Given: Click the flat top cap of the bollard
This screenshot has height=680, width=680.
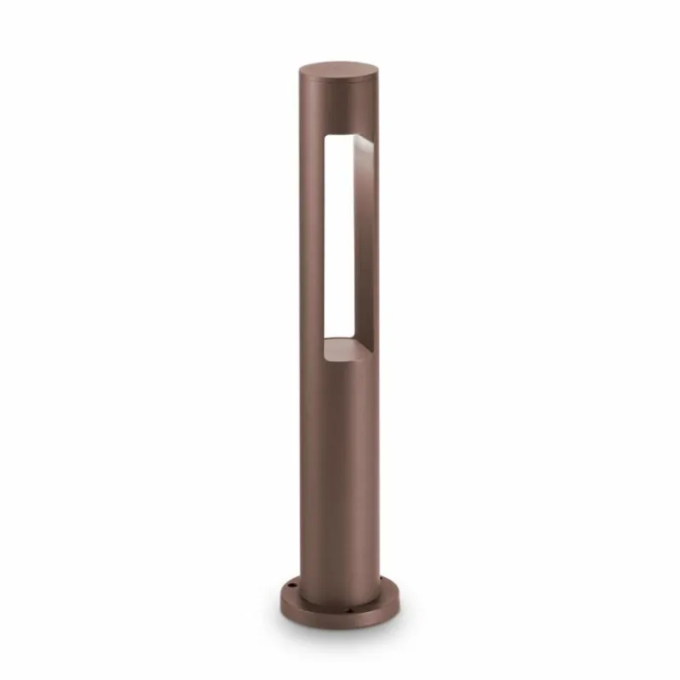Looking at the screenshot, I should coord(339,69).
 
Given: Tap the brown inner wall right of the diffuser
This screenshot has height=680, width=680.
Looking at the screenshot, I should coord(364,246).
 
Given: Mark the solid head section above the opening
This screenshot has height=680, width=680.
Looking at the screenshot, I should coord(338,106).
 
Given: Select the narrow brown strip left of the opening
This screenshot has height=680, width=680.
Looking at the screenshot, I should coord(311,246).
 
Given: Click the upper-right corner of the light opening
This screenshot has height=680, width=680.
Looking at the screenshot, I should coord(375,145).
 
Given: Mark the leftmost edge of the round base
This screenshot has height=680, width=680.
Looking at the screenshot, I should coord(280,597).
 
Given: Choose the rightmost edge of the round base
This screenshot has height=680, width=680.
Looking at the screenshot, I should coord(400,597).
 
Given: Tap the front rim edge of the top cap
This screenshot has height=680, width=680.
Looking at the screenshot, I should coord(339,82).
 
